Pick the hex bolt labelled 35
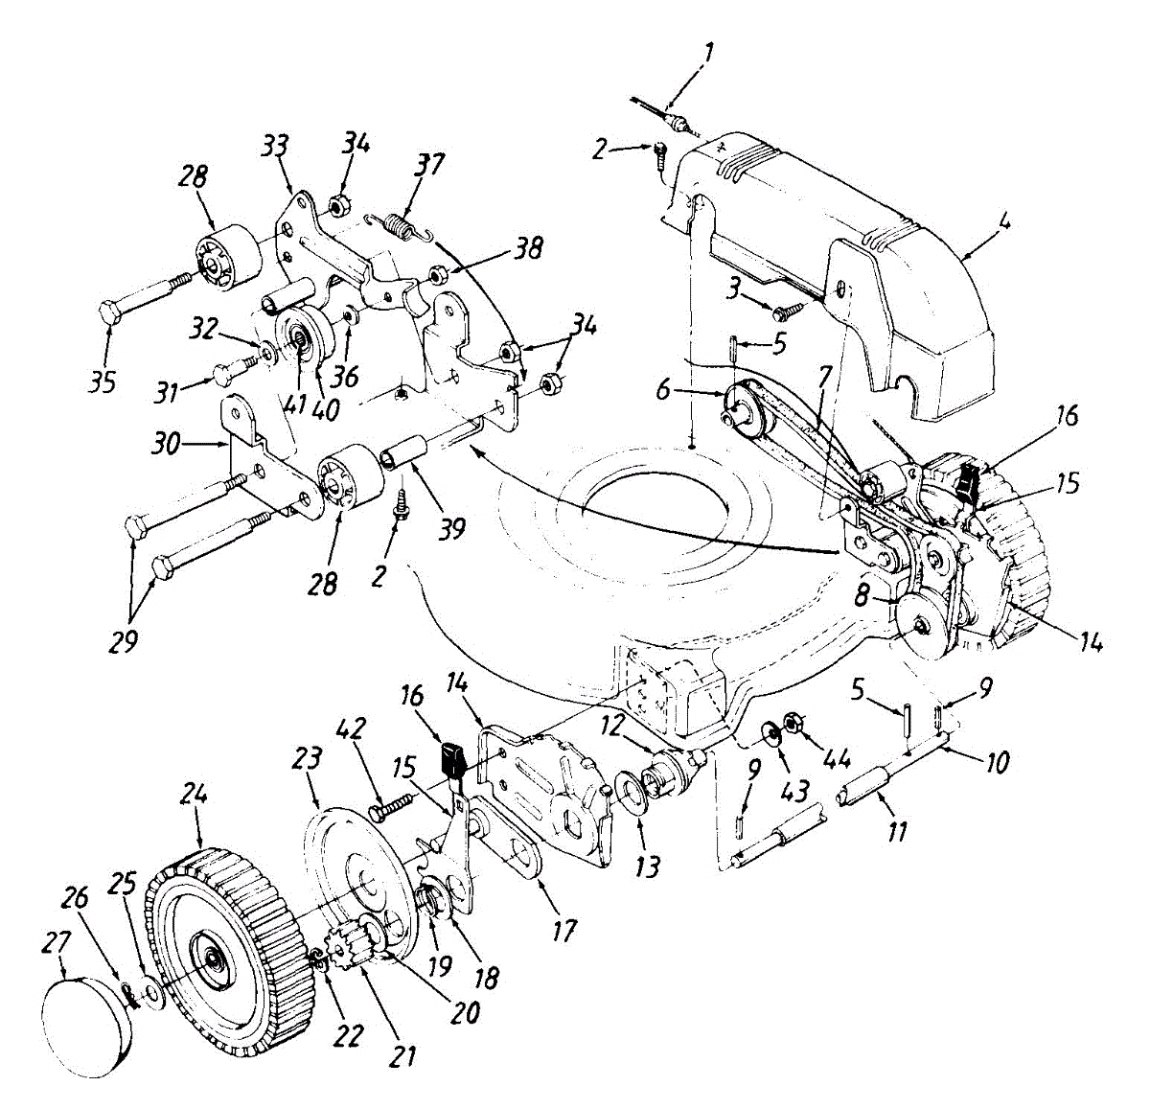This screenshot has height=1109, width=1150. point(144,297)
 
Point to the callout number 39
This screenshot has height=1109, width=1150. point(450,526)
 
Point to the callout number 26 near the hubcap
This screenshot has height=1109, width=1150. point(78,898)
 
